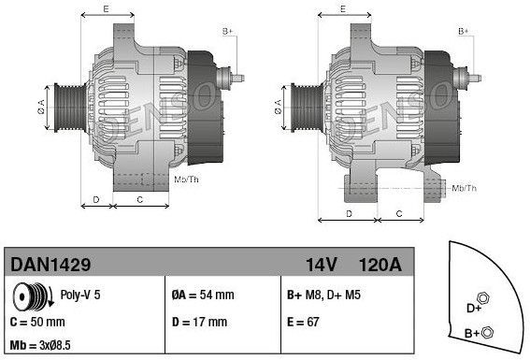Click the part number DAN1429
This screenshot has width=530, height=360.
point(43,266)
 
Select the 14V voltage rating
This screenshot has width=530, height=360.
point(322,266)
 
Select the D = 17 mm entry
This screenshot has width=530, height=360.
point(200,323)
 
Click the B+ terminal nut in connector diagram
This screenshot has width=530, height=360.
point(488,331)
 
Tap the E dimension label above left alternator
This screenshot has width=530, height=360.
point(105,8)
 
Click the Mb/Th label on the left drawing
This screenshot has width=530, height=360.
point(186,179)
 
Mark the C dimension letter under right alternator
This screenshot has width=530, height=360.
point(399,214)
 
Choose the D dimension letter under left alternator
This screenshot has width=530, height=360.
point(96,200)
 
